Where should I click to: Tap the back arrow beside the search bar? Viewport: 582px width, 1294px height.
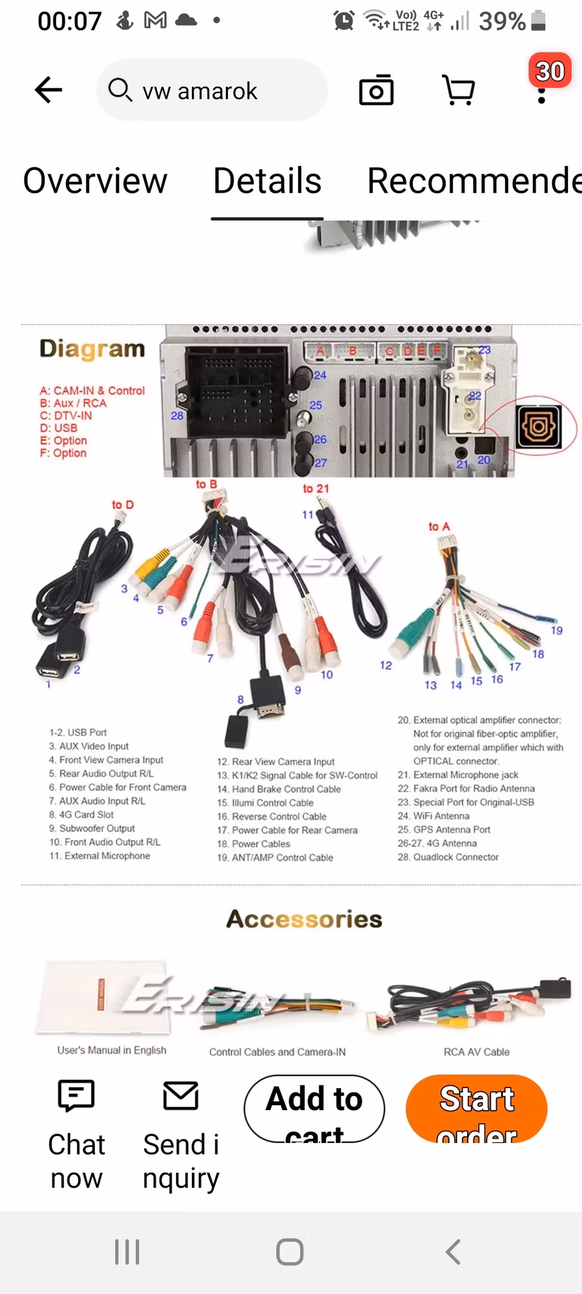pos(49,90)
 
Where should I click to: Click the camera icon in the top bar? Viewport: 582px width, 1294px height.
pos(376,90)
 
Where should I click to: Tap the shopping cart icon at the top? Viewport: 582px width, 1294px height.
pos(459,90)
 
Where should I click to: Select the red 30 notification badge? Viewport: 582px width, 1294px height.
pos(549,71)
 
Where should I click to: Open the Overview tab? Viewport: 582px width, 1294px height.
pos(95,181)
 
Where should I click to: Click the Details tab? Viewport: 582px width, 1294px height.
pos(267,181)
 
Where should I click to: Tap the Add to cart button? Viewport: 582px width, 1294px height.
pos(314,1109)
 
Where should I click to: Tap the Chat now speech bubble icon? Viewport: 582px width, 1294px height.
pos(76,1095)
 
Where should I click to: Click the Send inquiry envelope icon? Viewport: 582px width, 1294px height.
pos(181,1095)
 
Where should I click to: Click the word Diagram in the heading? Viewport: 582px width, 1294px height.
pos(92,349)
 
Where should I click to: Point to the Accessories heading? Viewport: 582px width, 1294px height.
pos(304,919)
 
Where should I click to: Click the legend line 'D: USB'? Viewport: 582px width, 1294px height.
pos(59,428)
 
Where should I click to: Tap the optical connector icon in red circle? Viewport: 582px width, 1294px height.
pos(538,426)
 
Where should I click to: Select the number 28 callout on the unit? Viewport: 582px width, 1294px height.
pos(177,416)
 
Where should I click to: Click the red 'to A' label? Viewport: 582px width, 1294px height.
pos(439,526)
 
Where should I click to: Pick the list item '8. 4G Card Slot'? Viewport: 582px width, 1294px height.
pos(81,814)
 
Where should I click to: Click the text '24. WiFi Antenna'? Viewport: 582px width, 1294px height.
pos(433,816)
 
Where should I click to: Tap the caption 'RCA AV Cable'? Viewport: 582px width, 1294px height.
pos(477,1052)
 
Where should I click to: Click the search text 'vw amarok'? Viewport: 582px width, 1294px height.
pos(199,92)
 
